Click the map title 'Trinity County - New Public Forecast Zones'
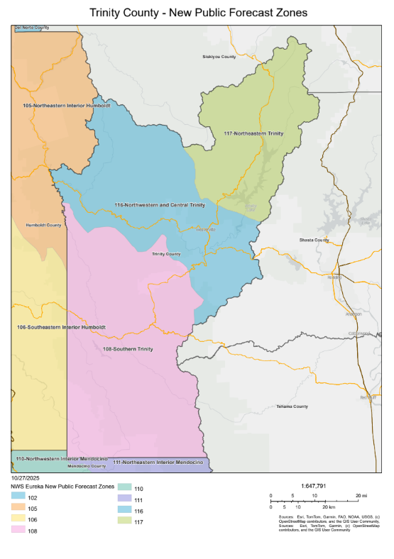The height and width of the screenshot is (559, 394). point(197,13)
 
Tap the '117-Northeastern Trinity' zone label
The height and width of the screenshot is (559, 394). point(253,133)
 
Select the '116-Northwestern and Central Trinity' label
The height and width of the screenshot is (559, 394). point(159,204)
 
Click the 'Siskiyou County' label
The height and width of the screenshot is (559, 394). point(219,56)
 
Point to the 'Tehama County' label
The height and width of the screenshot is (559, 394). point(292,406)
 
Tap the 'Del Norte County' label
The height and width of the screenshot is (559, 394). point(33,28)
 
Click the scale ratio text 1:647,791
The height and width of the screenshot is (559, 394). point(313,486)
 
